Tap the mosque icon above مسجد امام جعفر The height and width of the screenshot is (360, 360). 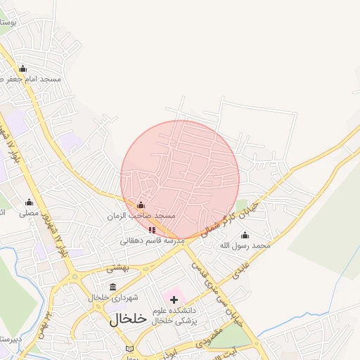point(22,68)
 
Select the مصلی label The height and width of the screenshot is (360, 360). point(28,212)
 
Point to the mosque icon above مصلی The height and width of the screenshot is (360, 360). point(29,202)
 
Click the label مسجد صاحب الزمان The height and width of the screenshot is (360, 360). point(141,215)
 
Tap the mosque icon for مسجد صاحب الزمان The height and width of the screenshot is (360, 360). point(141,205)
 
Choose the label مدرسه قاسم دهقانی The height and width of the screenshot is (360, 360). point(152,240)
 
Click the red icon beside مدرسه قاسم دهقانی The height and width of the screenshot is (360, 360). point(152,230)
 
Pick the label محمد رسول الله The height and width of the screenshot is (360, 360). point(245,245)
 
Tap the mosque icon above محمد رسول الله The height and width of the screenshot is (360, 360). point(245,235)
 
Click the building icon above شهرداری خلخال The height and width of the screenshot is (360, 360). point(113,287)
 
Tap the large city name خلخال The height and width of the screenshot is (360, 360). point(128,319)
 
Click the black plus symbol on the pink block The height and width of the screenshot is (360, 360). point(174,300)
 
